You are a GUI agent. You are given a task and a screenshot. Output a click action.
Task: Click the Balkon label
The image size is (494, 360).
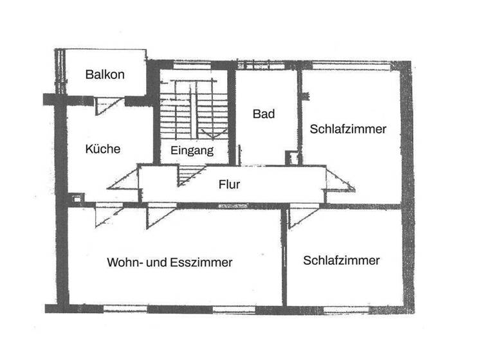click(x=105, y=74)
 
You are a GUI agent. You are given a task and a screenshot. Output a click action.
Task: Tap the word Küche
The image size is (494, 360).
click(x=103, y=149)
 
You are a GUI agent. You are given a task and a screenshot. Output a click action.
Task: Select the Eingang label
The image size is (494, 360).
click(x=192, y=152)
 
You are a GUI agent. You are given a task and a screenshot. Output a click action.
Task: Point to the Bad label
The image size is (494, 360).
click(x=264, y=114)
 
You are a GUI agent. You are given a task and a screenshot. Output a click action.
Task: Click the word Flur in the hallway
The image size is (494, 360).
click(x=229, y=184)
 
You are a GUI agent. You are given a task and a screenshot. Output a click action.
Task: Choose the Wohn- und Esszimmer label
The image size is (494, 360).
click(x=170, y=262)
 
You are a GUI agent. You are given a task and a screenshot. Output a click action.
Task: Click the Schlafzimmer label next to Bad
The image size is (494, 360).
click(x=348, y=129)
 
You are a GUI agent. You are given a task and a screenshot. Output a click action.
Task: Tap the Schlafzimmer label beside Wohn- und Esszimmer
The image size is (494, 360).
click(x=342, y=261)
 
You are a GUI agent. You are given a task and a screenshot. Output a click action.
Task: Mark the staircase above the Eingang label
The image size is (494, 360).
click(x=193, y=113)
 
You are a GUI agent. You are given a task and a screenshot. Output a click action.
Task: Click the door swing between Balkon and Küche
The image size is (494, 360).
click(x=105, y=104)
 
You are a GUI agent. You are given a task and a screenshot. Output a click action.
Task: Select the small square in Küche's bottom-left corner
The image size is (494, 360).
click(x=77, y=199)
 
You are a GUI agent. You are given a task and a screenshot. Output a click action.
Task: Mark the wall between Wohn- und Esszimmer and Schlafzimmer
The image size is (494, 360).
click(x=284, y=257)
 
